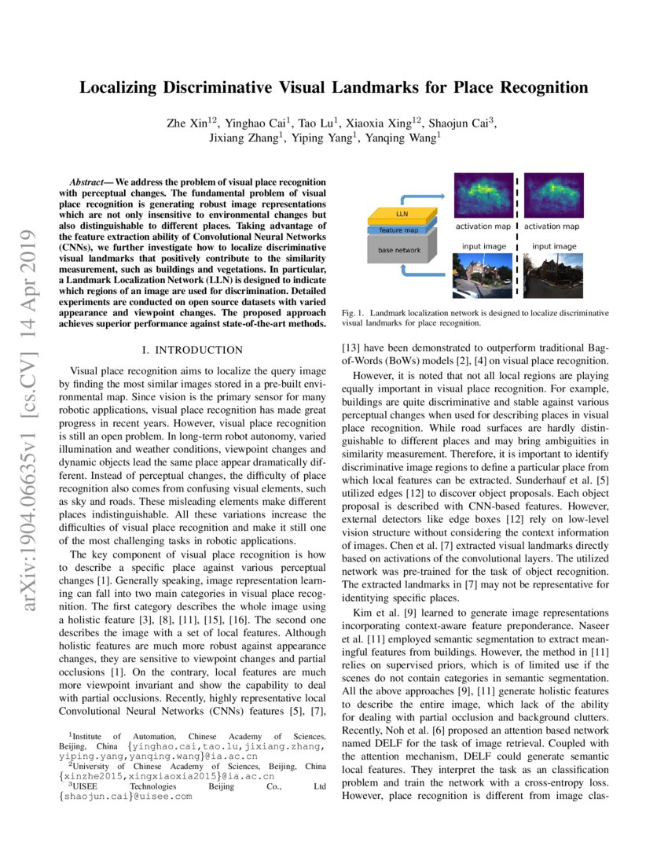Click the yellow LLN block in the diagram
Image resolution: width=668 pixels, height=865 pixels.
pos(400,215)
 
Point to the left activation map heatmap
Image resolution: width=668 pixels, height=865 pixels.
pos(483,194)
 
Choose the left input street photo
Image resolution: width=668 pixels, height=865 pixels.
pos(483,274)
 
